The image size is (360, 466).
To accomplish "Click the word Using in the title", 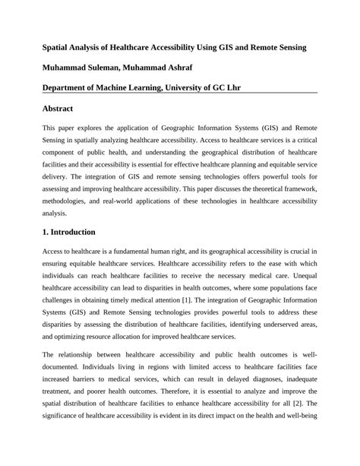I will (x=221, y=47).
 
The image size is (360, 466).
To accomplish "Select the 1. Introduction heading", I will (x=69, y=231).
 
